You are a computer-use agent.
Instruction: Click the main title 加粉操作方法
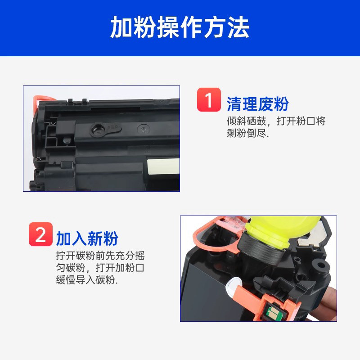[x=180, y=27]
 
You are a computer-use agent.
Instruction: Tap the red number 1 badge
[x=209, y=99]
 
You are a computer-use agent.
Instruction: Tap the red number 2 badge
[x=40, y=234]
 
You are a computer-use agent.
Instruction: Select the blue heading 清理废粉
[x=257, y=104]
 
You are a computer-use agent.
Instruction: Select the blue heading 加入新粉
[x=87, y=238]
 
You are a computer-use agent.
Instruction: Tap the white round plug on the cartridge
[x=233, y=286]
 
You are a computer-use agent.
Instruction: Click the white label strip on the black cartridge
[x=163, y=166]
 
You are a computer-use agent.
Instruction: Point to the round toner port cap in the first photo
[x=98, y=130]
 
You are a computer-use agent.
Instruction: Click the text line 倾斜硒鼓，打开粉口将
[x=276, y=121]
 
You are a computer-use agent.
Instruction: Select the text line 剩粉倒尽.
[x=247, y=133]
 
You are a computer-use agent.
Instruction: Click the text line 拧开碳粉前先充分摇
[x=100, y=256]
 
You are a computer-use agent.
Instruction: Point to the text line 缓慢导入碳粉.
[x=86, y=280]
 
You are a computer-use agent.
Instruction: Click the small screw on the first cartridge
[x=143, y=130]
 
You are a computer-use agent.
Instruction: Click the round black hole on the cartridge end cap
[x=320, y=266]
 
